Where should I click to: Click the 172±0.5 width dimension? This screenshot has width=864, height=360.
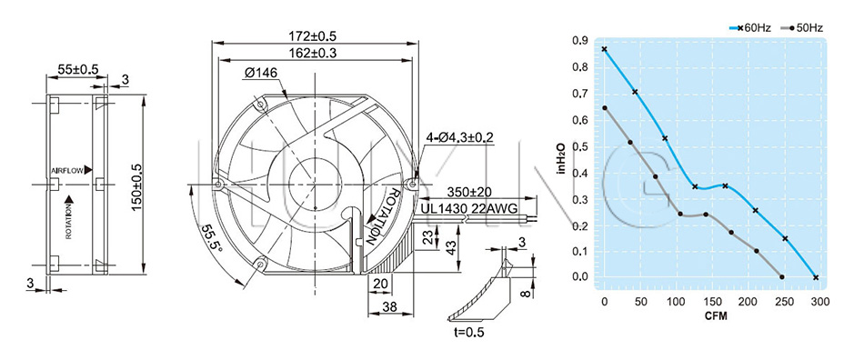(313, 36)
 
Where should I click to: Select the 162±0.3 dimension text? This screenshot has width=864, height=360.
(313, 53)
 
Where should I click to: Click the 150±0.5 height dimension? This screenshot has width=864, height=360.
(137, 185)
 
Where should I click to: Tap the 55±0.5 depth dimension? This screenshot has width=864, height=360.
(78, 69)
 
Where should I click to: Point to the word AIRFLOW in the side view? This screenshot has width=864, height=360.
(68, 171)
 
